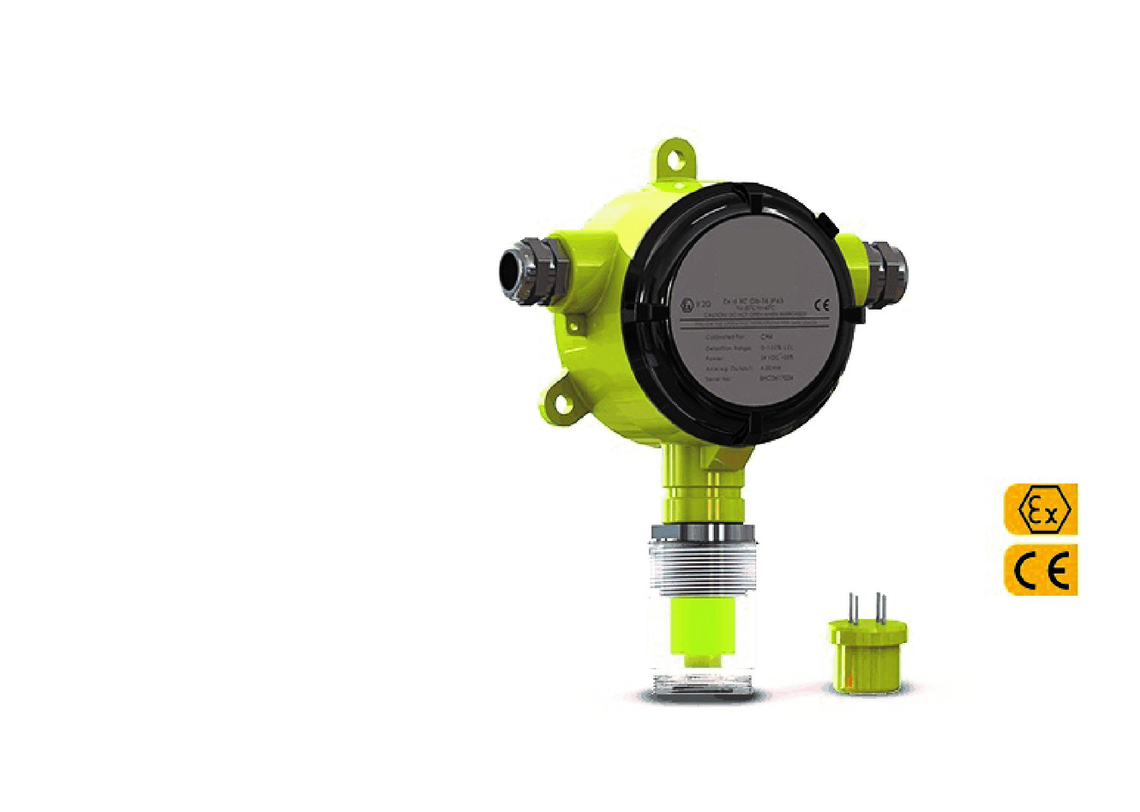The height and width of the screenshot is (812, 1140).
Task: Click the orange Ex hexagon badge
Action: (x=1040, y=509)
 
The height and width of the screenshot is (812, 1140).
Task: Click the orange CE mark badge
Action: (x=1040, y=569)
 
